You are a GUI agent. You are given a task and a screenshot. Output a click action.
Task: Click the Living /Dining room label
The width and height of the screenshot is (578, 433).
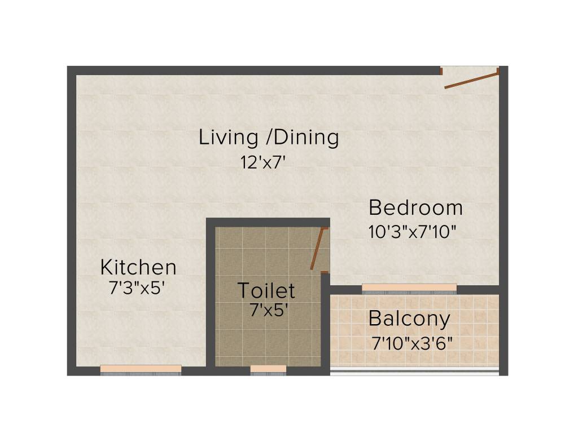tap(269, 138)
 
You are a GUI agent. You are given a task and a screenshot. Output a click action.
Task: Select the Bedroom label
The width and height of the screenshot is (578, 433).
tap(415, 208)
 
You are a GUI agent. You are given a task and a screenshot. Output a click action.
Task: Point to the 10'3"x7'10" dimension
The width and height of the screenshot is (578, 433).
tap(412, 232)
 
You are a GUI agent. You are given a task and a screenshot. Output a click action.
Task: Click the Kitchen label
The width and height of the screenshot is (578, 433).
tap(138, 267)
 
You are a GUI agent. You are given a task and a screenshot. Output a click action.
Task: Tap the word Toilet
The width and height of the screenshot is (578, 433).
tap(266, 290)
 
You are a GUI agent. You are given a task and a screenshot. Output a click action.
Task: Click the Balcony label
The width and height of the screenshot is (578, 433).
tap(409, 319)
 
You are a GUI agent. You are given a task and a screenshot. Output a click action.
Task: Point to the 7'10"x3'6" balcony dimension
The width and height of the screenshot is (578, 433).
tap(413, 343)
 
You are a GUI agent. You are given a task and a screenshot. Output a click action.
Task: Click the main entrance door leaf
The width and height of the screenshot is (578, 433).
tap(471, 79)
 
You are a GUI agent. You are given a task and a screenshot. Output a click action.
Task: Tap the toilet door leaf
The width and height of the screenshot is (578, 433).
tap(318, 249)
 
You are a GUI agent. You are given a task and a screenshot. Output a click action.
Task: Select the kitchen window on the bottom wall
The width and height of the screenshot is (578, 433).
tap(141, 369)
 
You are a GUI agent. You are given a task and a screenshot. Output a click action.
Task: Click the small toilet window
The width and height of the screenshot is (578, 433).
tap(268, 369)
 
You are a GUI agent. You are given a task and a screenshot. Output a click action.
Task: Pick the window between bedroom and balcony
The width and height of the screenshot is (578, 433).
tap(409, 288)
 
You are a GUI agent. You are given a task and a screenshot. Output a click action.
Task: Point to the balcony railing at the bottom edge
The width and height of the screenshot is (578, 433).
tap(415, 371)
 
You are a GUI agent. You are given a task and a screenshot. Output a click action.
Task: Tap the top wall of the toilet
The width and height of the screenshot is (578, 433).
tap(268, 222)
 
